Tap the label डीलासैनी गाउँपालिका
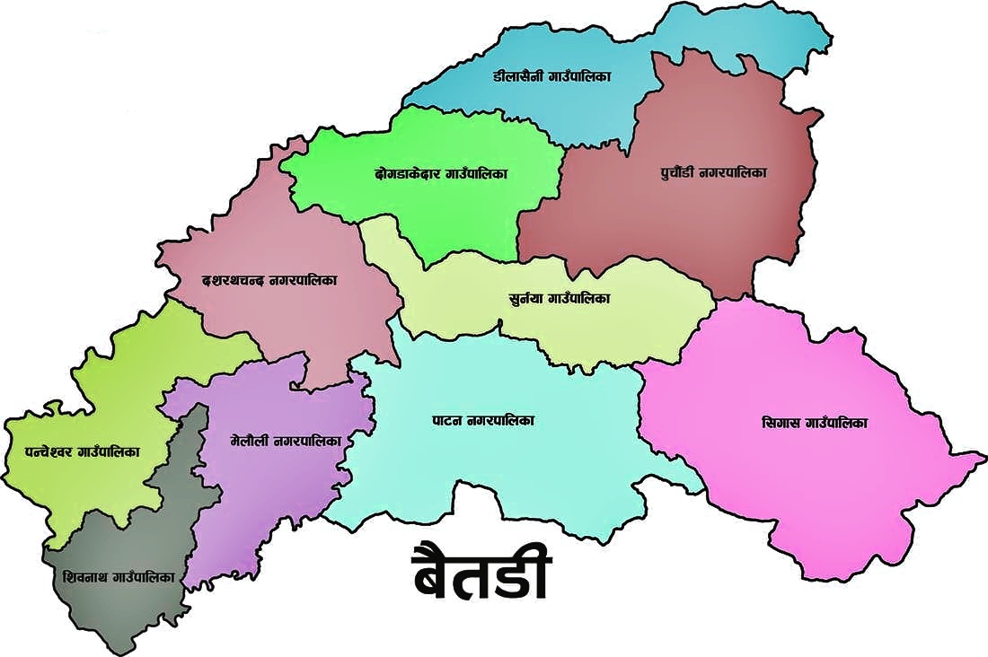tap(551, 77)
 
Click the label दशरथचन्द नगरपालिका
tap(269, 281)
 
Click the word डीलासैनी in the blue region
tap(516, 77)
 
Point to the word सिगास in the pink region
tap(780, 423)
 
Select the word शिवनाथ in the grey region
tap(87, 577)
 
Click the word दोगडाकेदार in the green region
tap(408, 173)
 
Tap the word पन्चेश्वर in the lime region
tap(38, 453)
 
